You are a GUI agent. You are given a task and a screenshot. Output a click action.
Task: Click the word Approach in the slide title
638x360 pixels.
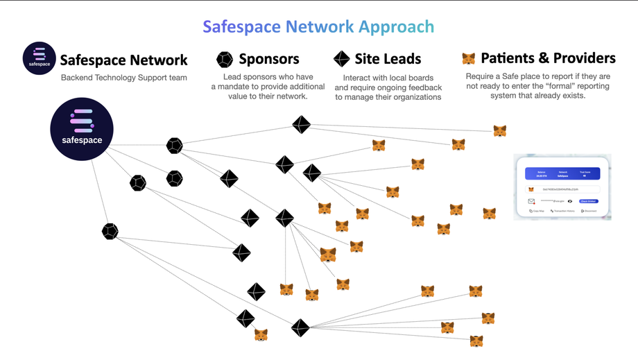(x=396, y=27)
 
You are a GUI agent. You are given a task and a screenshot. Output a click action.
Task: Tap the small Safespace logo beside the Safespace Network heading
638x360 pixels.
(x=38, y=58)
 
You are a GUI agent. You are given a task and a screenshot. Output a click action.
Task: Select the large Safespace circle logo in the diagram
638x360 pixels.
(x=80, y=130)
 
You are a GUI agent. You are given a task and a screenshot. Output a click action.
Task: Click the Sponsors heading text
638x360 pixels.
(x=269, y=59)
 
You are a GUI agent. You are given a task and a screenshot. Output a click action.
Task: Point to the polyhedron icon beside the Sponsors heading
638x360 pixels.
(x=225, y=59)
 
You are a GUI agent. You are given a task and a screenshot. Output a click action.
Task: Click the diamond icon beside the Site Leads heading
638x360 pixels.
(x=341, y=59)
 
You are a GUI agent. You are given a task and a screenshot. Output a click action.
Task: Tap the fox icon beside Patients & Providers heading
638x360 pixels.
(x=469, y=59)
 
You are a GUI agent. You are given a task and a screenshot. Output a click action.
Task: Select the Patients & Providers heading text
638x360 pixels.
(x=548, y=58)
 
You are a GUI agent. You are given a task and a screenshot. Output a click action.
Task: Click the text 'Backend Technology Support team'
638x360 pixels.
(x=123, y=78)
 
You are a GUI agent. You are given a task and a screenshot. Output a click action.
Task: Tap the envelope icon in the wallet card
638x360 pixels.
(x=532, y=201)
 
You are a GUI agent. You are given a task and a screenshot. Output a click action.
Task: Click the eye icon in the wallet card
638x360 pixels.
(x=569, y=201)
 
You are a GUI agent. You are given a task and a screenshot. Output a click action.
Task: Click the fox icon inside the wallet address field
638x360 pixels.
(x=532, y=189)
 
